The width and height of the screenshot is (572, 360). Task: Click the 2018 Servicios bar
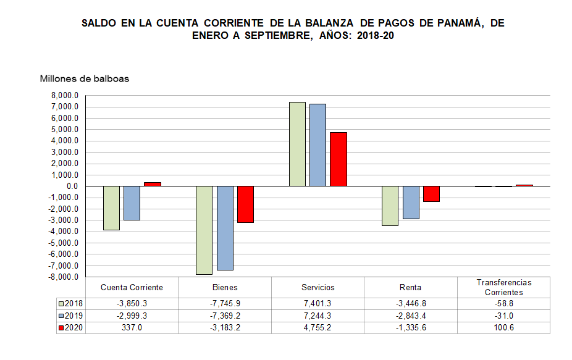click(297, 144)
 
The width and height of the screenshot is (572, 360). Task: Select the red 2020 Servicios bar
click(339, 159)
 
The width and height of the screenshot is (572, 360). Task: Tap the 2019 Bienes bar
click(225, 228)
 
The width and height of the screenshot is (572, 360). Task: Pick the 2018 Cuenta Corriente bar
click(111, 208)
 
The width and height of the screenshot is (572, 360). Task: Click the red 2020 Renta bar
click(431, 194)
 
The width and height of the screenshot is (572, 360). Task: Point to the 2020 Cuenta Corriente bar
click(153, 184)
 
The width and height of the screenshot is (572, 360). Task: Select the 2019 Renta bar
click(411, 203)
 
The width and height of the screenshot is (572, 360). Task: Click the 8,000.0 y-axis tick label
click(65, 96)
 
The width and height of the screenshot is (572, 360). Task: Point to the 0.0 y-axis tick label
click(72, 186)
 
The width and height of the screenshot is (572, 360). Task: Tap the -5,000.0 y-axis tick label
click(64, 243)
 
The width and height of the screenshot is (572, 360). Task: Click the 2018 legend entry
click(70, 303)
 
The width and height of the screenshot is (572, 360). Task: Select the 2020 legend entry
click(70, 328)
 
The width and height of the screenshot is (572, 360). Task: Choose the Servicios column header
click(318, 287)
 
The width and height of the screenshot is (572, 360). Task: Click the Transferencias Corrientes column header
click(503, 287)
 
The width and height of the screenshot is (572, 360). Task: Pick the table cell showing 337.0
click(132, 328)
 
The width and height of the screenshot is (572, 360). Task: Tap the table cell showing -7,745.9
click(225, 303)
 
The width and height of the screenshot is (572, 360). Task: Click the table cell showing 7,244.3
click(318, 316)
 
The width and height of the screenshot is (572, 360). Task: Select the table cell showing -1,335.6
click(411, 328)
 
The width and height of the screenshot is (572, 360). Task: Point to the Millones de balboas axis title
click(85, 78)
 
